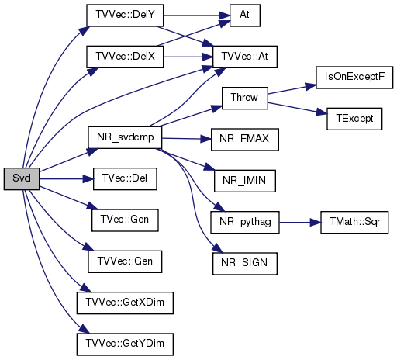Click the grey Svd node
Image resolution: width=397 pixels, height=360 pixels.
tap(22, 178)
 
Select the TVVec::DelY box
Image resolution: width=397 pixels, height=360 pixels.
tap(125, 16)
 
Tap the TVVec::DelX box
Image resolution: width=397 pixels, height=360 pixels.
tap(125, 57)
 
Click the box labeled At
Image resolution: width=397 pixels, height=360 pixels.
tap(245, 16)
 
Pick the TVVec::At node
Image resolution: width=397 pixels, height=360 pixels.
tap(245, 57)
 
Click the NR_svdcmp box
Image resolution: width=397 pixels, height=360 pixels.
tap(125, 137)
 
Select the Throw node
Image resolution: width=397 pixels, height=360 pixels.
tap(245, 98)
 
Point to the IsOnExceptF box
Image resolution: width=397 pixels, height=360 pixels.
tap(354, 78)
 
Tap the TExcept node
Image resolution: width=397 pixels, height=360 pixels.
tap(354, 119)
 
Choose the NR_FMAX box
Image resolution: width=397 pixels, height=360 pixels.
tap(245, 140)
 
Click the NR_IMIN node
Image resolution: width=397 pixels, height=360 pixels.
tap(245, 181)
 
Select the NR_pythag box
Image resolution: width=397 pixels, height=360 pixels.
tap(245, 222)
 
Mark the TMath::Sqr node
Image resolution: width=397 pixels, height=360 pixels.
tap(354, 222)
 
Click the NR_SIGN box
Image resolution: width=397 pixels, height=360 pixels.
tap(245, 264)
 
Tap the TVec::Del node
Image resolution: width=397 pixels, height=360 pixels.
tap(125, 178)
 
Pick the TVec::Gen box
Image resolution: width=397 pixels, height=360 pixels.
tap(125, 220)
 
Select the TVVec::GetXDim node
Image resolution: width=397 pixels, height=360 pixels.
tap(125, 303)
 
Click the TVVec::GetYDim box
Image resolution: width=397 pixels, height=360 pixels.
tap(125, 344)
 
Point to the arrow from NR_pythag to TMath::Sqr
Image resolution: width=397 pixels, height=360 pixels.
tap(300, 222)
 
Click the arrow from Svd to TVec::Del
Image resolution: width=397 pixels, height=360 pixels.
tap(67, 178)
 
